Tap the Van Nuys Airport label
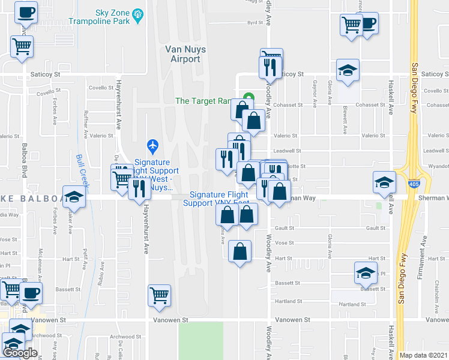tap(182, 54)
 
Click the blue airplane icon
tap(152, 146)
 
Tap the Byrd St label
tap(256, 23)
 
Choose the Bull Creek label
tap(82, 169)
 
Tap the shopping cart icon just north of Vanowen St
tap(159, 295)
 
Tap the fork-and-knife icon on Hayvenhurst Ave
tap(139, 188)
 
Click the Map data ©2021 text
tap(424, 355)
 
